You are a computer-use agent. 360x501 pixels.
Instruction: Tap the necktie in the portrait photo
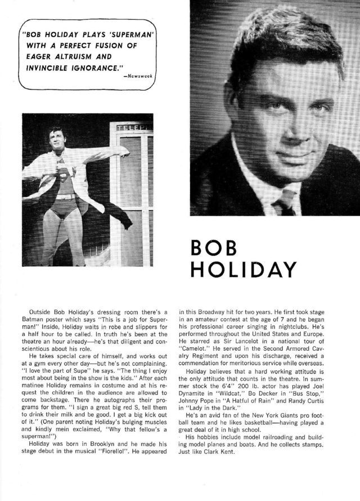coord(285,201)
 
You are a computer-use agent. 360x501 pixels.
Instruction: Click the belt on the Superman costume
coord(66,197)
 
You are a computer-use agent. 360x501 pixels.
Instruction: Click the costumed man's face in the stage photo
coord(57,138)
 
